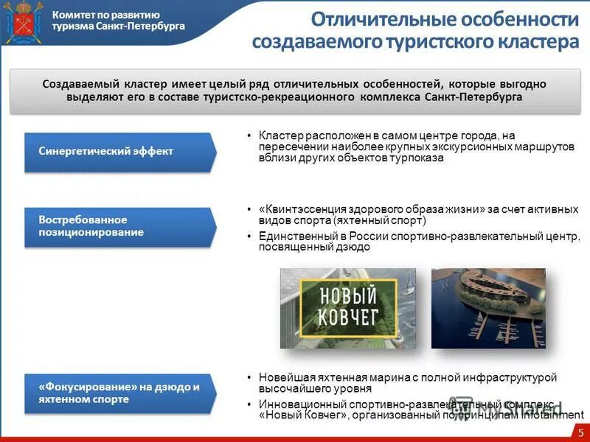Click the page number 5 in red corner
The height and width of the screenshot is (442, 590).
pos(580,432)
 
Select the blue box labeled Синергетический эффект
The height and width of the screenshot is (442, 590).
pos(118,152)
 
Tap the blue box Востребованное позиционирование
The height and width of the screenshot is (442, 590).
pos(118,226)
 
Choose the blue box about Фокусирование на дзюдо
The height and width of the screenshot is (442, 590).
pos(118,393)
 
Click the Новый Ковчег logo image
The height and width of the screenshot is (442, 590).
pos(347,307)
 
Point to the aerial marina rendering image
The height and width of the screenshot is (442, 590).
pos(499,307)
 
